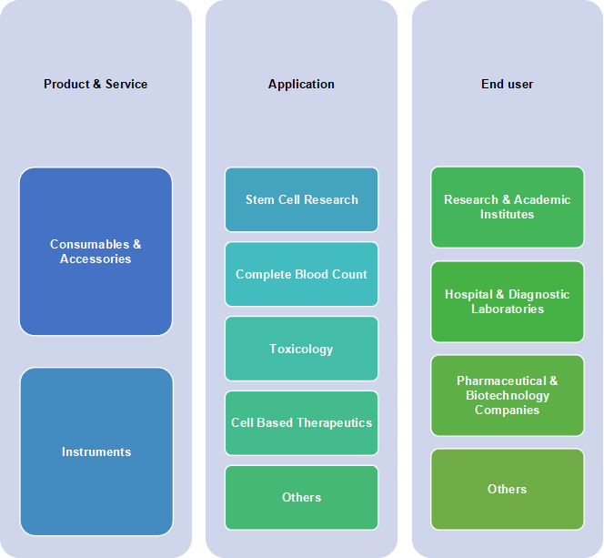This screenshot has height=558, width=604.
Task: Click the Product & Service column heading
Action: click(96, 84)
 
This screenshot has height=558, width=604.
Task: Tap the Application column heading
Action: click(301, 84)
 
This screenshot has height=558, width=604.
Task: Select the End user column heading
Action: click(507, 84)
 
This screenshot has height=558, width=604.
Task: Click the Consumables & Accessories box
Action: click(96, 251)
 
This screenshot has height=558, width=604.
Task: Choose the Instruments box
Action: click(96, 451)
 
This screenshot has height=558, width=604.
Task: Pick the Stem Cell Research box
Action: click(302, 199)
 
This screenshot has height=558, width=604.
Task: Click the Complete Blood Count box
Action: click(302, 274)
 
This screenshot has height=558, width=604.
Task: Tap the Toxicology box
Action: click(302, 349)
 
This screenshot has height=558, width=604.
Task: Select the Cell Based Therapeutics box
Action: click(302, 423)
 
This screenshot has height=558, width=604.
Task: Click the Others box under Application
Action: click(302, 498)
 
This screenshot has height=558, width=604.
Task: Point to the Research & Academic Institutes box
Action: click(508, 207)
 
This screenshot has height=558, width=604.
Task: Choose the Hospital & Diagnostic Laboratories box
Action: click(508, 301)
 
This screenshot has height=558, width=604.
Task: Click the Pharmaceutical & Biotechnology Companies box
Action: click(508, 395)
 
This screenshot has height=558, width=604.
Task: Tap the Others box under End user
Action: click(508, 489)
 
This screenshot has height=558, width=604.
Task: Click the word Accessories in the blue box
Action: click(96, 259)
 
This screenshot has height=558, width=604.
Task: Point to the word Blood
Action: click(312, 274)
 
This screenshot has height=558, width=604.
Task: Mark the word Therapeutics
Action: click(335, 423)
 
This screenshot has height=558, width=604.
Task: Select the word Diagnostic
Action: click(539, 294)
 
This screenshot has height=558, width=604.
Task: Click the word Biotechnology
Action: click(508, 395)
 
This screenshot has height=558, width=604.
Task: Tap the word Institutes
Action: click(507, 214)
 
